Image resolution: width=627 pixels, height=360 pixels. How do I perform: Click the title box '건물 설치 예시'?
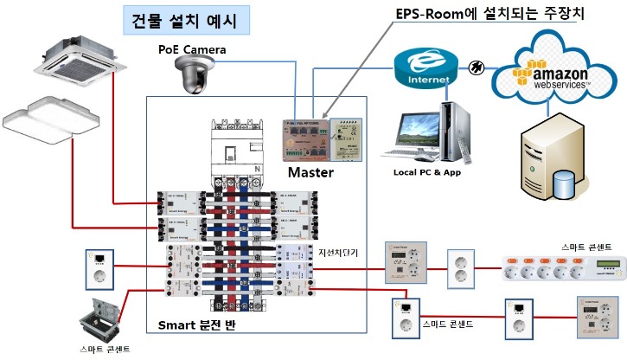click(183, 19)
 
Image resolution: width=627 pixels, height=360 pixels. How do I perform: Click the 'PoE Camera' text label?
click(192, 50)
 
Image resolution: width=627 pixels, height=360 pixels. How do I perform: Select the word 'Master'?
click(310, 173)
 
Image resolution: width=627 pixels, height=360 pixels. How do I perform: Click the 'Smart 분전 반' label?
click(196, 325)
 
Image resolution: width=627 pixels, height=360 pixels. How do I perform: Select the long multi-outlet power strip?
click(562, 269)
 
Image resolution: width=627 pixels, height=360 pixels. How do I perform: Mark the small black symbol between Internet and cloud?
click(475, 67)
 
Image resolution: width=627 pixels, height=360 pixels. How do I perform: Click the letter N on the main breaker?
click(257, 167)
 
